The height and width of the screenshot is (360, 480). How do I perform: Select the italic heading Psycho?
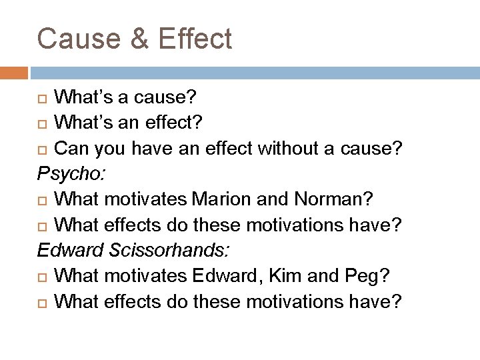coord(72,175)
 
